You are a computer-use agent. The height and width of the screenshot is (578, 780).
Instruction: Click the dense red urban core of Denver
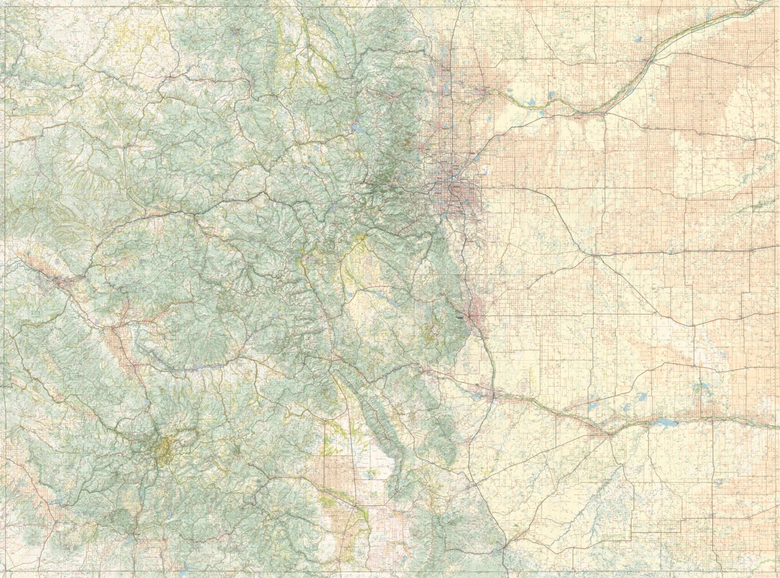click(459, 191)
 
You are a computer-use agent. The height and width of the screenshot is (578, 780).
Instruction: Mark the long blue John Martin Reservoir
click(663, 424)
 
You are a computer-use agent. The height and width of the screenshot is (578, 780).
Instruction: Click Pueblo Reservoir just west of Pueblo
click(475, 391)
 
